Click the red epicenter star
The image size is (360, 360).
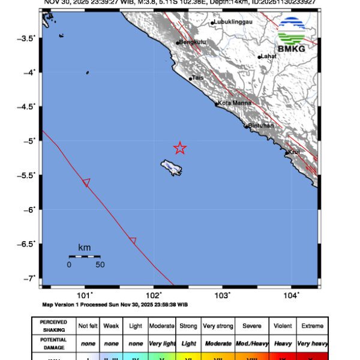pos(180,148)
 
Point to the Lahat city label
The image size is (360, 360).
pos(268,56)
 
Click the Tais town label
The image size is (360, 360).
pos(198,78)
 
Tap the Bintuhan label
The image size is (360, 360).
pos(261,125)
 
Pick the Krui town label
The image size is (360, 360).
pos(295,152)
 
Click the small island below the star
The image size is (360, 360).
pos(170,167)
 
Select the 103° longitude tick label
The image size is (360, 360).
pos(223,295)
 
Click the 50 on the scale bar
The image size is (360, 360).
pos(100,265)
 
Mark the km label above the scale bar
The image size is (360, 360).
pos(84,247)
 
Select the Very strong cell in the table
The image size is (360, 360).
pos(218,326)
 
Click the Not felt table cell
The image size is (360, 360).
pos(89,326)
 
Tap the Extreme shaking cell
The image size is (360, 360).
pos(311,326)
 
